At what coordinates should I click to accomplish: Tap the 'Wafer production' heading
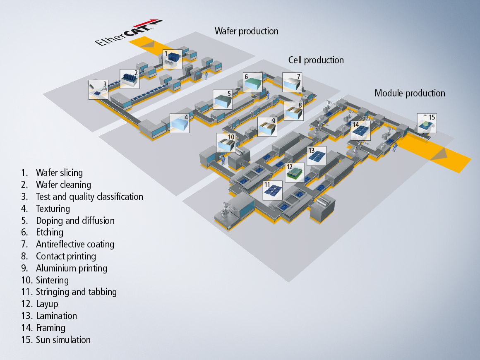pos(246,31)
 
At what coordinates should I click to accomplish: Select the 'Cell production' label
pos(316,60)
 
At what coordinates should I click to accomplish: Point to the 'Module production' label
pos(410,93)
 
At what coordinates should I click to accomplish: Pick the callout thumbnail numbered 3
pos(98,89)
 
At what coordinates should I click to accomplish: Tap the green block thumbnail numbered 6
pos(253,82)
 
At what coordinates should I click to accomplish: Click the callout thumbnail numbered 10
pos(226,143)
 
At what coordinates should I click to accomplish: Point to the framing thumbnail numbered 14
pos(361,130)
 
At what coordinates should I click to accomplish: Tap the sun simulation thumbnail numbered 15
pos(426,123)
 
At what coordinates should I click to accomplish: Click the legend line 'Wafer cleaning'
pos(63,185)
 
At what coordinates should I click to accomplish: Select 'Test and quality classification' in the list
pos(89,197)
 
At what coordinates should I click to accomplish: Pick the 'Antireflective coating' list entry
pos(75,244)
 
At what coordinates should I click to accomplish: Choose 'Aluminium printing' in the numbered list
pos(71,268)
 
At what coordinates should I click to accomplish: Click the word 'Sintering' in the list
pos(52,280)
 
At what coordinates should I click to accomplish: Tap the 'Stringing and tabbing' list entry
pos(76,292)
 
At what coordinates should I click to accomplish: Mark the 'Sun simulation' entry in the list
pos(63,340)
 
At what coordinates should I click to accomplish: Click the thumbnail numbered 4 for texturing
pos(180,123)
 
